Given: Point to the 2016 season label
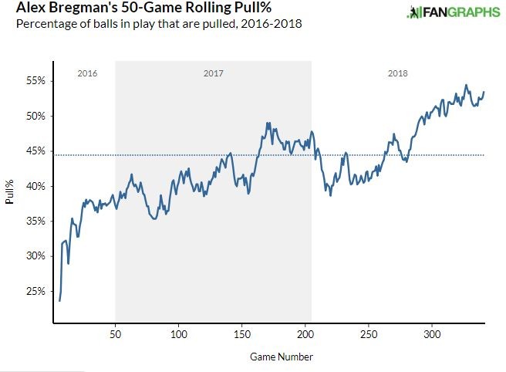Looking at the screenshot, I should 88,73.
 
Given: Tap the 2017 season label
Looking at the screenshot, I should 213,73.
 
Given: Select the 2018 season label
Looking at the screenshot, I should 398,73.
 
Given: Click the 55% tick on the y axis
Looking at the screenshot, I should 39,81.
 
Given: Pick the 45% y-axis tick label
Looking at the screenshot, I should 39,151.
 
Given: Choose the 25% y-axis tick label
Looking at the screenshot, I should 39,291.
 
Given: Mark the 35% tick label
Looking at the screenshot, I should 39,221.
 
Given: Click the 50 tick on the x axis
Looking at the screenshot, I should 116,335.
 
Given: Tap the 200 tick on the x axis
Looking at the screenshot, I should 305,335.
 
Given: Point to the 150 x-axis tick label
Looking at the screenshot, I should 242,335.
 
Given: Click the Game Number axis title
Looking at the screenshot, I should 282,357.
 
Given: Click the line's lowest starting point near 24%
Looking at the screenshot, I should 59,300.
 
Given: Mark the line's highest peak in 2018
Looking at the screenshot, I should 466,86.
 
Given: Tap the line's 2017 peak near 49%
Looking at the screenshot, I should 267,123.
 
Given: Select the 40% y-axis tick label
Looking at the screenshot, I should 39,186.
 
